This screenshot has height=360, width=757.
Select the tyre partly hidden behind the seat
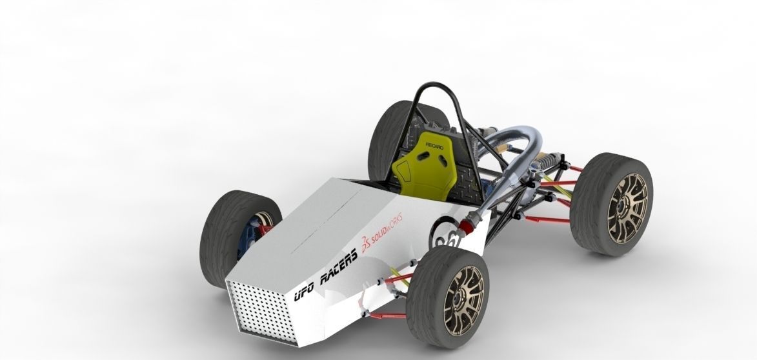386,139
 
